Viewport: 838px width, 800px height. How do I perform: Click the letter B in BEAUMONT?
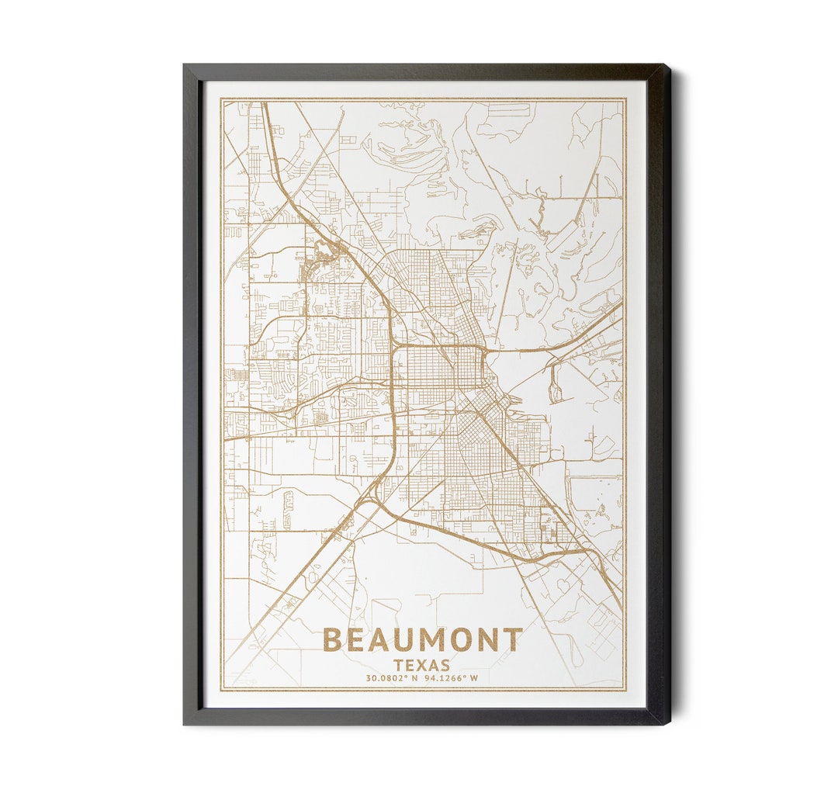click(333, 641)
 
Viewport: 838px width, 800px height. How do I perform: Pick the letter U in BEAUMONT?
click(414, 641)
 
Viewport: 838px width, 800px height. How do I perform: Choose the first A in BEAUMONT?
click(386, 641)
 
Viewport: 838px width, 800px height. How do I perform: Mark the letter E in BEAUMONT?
click(359, 641)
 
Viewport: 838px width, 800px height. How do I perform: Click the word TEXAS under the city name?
click(422, 665)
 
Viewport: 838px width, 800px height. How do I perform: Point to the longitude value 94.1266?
click(444, 678)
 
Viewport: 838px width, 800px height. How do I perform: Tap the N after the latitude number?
click(414, 678)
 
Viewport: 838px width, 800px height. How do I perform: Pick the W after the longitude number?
click(473, 678)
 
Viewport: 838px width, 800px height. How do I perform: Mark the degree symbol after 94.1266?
click(465, 677)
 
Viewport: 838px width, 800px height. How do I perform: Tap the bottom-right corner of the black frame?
click(668, 723)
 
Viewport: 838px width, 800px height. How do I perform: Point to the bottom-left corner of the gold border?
click(220, 690)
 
